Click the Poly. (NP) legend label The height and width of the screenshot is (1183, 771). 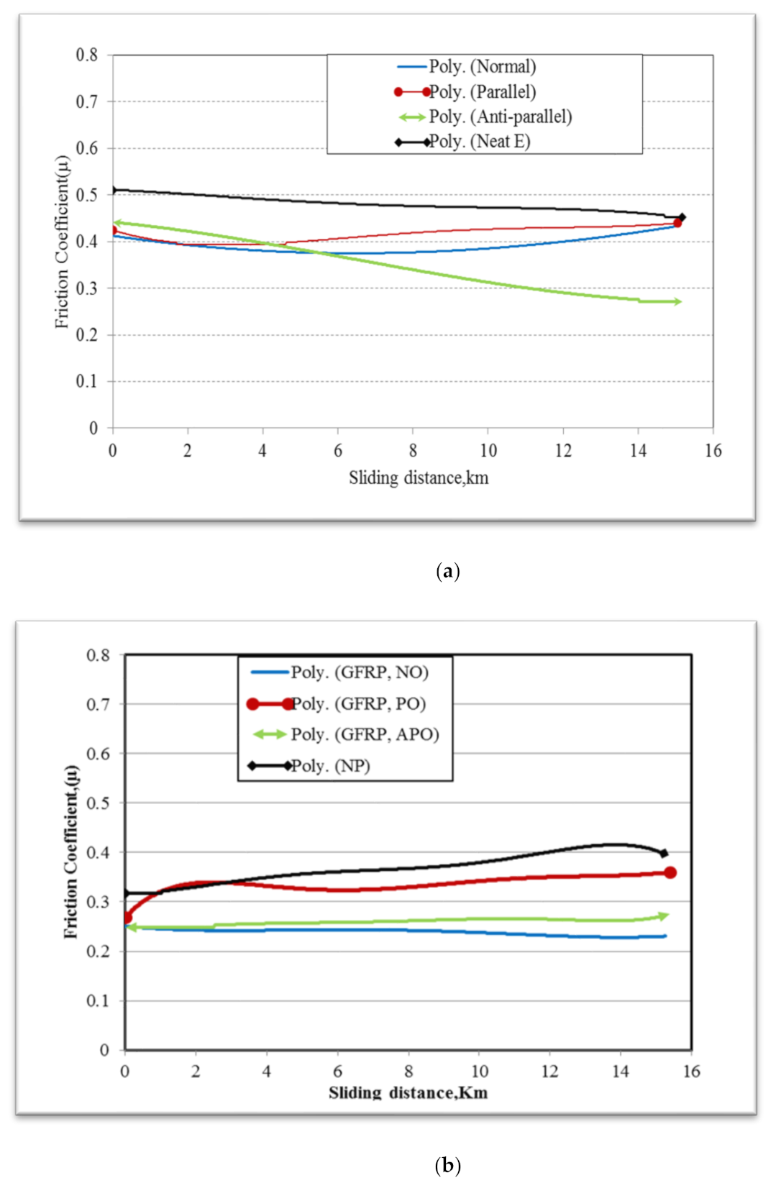[330, 766]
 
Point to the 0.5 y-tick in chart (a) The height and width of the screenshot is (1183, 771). [87, 195]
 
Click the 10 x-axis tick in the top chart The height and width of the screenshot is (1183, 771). [488, 451]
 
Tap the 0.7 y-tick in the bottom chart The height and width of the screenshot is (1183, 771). [98, 705]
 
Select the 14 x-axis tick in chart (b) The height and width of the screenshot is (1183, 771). [620, 1072]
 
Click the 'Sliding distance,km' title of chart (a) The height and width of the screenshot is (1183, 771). [419, 478]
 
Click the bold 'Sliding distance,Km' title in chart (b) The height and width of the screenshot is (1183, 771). [408, 1093]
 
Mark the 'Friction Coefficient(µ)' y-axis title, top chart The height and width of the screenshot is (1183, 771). [63, 242]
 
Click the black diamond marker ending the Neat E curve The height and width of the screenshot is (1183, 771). [682, 217]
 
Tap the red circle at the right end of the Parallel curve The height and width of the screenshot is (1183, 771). [678, 223]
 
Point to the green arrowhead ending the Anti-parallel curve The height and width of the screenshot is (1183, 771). [677, 302]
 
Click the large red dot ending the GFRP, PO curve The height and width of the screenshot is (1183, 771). [670, 873]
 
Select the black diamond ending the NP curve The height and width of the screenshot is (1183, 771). [664, 854]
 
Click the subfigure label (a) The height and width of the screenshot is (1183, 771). [448, 572]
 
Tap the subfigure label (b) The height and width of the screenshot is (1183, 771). [448, 1165]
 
